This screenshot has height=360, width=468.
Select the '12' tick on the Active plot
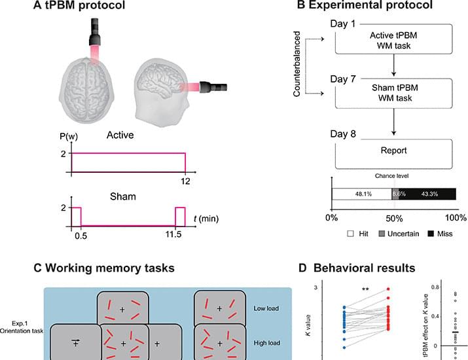point(186,179)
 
